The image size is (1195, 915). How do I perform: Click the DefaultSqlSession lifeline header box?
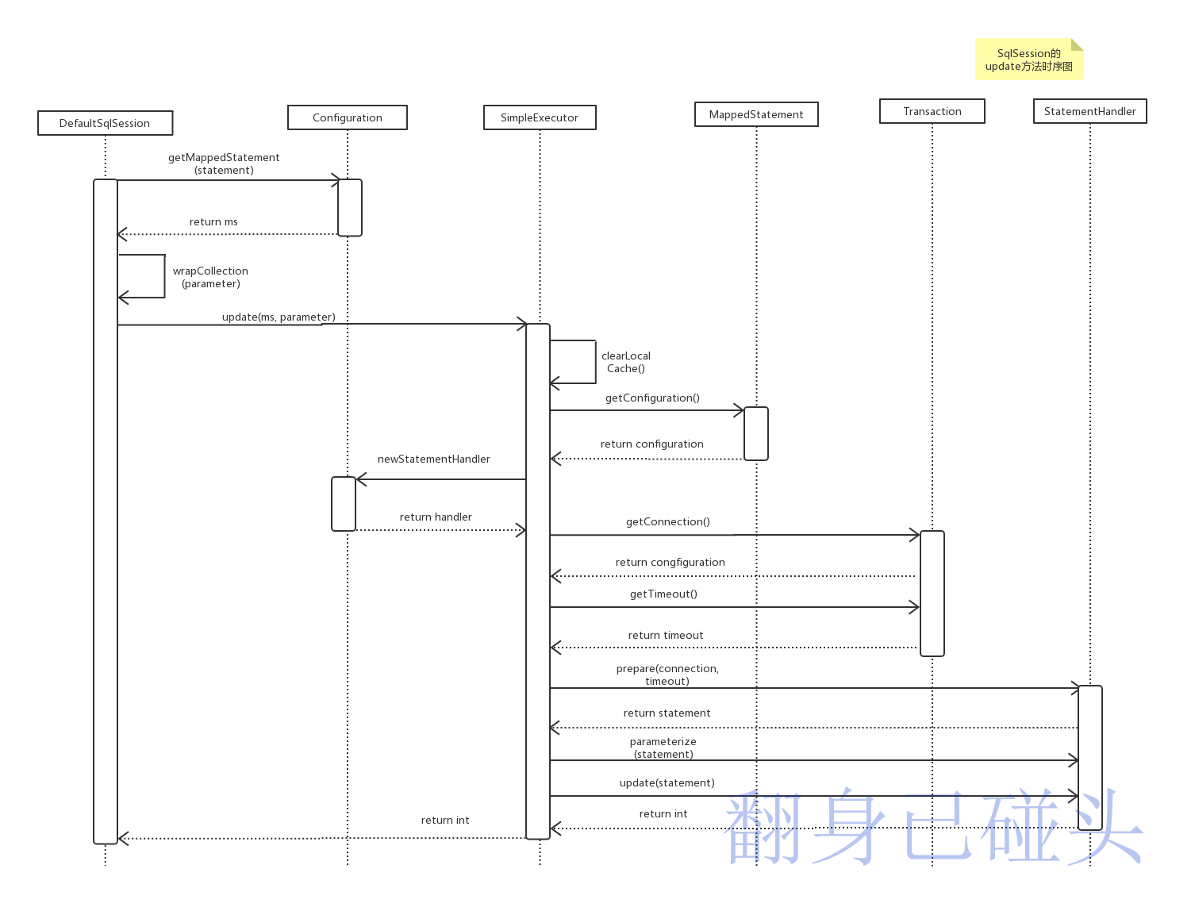click(105, 123)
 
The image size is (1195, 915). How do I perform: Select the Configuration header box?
click(347, 117)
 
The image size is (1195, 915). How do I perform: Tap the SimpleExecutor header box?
click(540, 117)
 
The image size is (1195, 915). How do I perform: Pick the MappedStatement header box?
click(756, 114)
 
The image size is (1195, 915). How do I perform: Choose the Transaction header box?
click(932, 111)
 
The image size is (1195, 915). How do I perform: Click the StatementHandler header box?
click(1089, 111)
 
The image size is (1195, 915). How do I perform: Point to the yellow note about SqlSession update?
click(1028, 60)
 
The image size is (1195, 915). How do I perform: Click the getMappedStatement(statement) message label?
click(224, 163)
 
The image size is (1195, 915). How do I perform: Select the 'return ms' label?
click(213, 221)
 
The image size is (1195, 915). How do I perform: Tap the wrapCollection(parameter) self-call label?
click(210, 277)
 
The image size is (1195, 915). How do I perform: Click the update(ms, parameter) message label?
click(279, 317)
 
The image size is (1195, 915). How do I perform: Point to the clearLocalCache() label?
click(626, 362)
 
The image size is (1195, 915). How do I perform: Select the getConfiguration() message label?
click(652, 398)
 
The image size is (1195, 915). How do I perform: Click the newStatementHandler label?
click(433, 459)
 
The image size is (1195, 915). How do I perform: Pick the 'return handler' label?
click(436, 517)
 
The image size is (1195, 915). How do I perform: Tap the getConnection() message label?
click(667, 521)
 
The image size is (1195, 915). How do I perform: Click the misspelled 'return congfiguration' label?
click(670, 562)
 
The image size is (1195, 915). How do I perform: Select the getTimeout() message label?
click(663, 594)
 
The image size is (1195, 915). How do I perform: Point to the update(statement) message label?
click(667, 782)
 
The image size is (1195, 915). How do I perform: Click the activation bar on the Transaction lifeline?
click(932, 593)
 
